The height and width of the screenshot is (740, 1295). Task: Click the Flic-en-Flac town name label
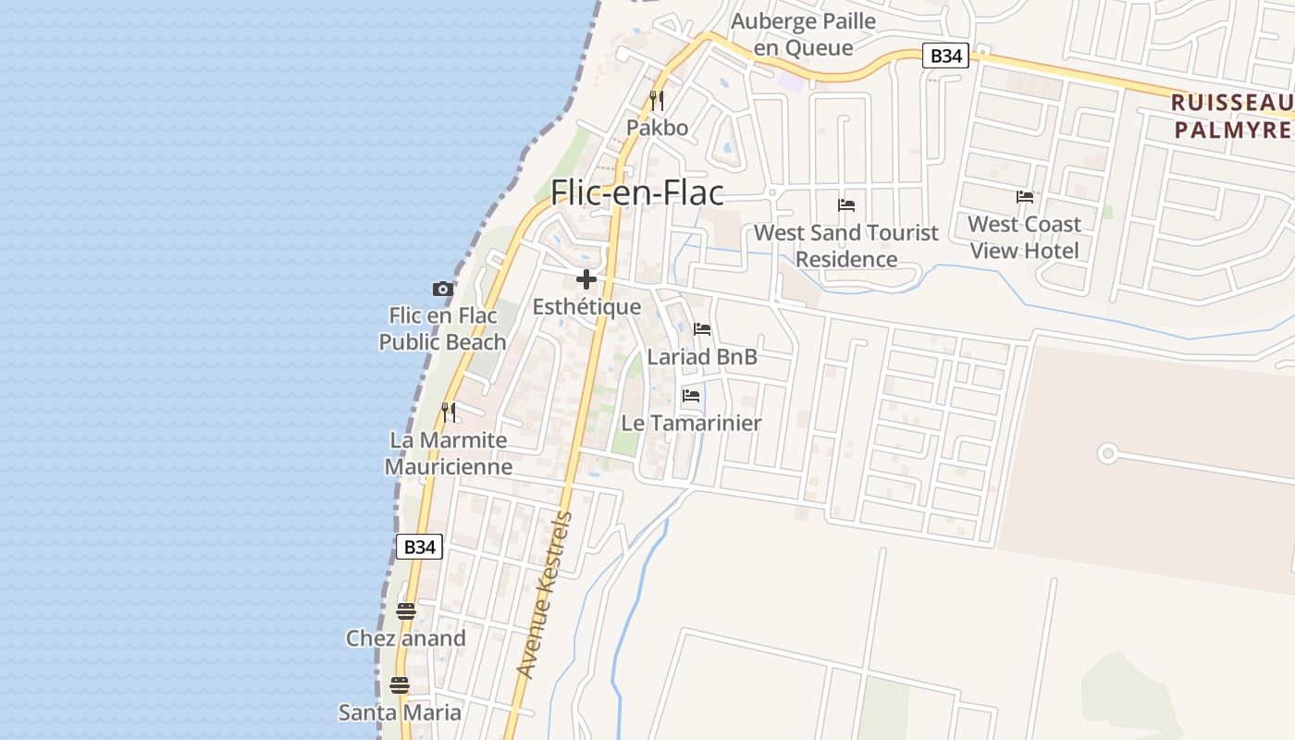click(x=636, y=192)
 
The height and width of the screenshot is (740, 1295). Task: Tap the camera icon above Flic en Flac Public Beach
click(x=443, y=289)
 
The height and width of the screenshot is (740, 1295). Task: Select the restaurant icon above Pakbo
click(x=657, y=100)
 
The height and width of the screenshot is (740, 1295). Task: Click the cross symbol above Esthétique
click(x=586, y=278)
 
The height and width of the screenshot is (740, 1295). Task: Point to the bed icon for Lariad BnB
click(x=702, y=328)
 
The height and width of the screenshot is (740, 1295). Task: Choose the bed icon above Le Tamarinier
click(x=691, y=396)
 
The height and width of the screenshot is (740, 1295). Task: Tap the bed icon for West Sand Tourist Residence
click(x=846, y=205)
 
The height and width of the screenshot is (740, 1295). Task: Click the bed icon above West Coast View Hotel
click(x=1025, y=197)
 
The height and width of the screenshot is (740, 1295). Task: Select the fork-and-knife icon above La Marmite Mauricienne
click(x=449, y=412)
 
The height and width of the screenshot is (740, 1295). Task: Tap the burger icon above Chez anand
click(x=405, y=610)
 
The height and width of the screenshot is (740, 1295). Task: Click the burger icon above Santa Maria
click(x=400, y=685)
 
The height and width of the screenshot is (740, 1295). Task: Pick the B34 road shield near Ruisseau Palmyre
click(x=945, y=56)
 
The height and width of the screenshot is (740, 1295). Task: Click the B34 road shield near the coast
click(x=419, y=547)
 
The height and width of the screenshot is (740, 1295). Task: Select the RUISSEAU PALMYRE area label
click(x=1232, y=116)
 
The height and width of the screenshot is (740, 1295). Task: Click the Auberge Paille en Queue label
click(x=803, y=34)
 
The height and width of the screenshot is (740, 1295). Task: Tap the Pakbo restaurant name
click(x=657, y=128)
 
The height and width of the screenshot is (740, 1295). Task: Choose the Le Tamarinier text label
click(x=691, y=423)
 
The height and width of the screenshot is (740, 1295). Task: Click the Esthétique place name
click(x=586, y=307)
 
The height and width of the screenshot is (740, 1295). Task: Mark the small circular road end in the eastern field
click(x=1107, y=453)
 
